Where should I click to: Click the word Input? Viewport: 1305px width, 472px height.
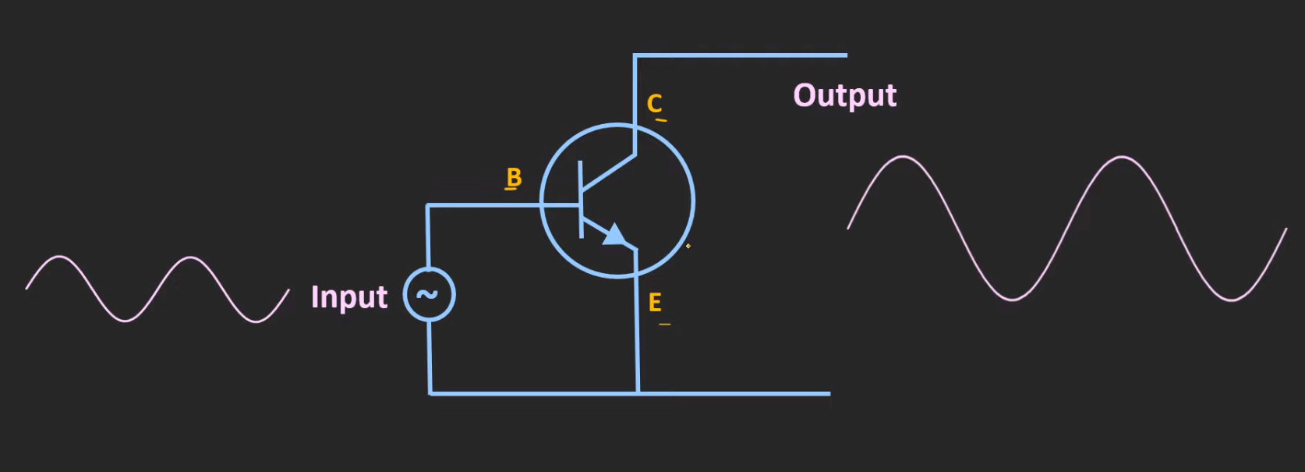349,297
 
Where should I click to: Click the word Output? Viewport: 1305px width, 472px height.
844,95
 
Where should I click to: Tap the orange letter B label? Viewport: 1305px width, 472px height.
514,177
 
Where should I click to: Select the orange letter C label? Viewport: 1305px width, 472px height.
654,103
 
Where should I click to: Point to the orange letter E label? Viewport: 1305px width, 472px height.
655,302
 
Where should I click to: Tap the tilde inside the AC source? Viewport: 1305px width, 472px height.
427,294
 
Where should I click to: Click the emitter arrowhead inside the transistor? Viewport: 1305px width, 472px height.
615,235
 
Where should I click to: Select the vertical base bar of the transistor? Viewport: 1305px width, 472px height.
581,199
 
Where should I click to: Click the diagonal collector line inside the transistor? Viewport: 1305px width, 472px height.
608,172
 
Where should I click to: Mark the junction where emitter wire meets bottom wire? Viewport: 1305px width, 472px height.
638,393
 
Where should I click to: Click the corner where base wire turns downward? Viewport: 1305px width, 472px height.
427,206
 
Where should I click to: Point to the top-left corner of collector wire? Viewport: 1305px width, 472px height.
635,56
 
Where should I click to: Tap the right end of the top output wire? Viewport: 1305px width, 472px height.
845,55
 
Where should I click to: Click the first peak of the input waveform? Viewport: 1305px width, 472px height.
60,257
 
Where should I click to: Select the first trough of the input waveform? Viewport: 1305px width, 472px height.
125,320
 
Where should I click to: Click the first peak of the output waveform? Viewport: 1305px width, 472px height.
903,158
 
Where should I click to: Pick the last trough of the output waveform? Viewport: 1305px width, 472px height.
1232,300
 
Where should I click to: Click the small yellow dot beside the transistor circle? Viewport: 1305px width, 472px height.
688,247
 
